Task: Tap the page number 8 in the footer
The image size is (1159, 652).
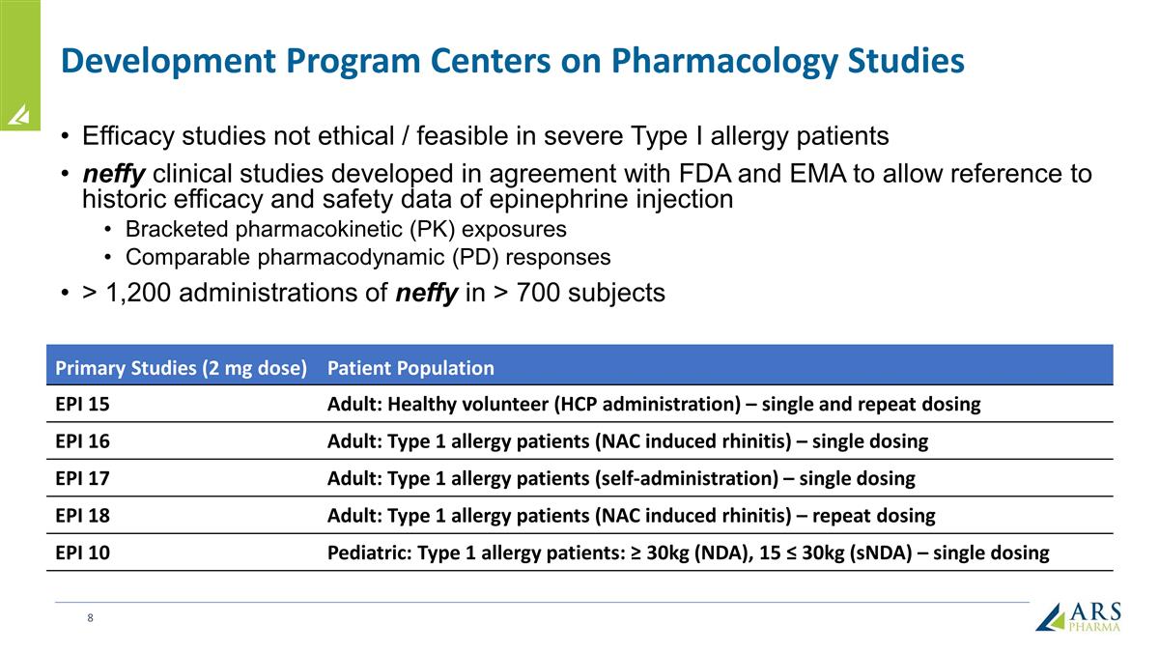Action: (90, 617)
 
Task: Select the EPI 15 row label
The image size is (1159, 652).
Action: (82, 405)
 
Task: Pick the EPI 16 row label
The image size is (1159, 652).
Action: (82, 441)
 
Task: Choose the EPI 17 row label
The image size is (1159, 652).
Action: (82, 478)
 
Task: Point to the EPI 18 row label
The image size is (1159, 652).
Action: (82, 515)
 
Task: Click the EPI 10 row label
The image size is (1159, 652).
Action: (82, 553)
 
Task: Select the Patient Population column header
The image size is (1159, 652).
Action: (410, 368)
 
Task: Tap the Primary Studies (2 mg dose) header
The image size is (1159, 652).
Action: (181, 368)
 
